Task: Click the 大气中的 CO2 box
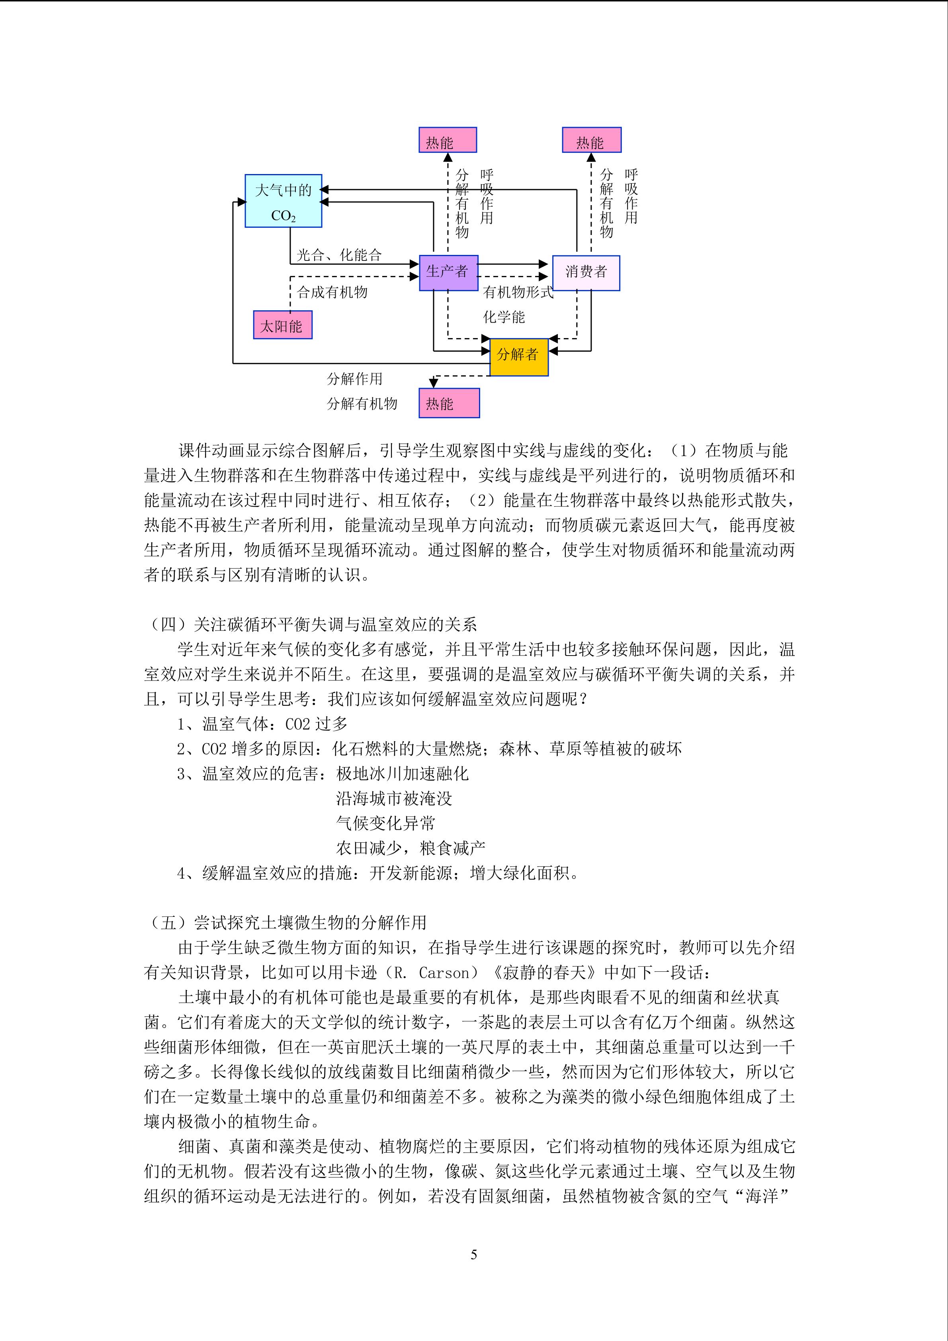283,201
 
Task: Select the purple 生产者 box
448,272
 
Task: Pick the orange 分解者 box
518,356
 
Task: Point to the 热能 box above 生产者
448,140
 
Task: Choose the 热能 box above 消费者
591,140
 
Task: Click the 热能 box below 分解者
449,403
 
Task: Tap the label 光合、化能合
339,254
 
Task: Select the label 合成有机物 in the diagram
332,292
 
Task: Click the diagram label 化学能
504,317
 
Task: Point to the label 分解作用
354,378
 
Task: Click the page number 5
473,1254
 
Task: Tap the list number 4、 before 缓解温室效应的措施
189,873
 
